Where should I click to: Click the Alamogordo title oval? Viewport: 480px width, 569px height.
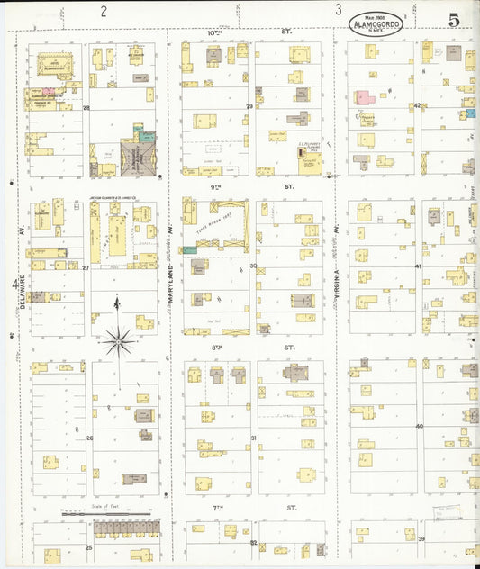[376, 23]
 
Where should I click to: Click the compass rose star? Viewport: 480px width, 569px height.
[118, 340]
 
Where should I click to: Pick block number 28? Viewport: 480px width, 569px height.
[86, 108]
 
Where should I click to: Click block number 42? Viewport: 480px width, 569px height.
[418, 106]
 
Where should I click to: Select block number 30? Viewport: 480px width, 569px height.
[253, 266]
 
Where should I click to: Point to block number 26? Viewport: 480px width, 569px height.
[89, 438]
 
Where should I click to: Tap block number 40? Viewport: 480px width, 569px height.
[419, 426]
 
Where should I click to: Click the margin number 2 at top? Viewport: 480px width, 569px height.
[104, 11]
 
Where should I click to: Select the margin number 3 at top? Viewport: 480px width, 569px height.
[339, 11]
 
